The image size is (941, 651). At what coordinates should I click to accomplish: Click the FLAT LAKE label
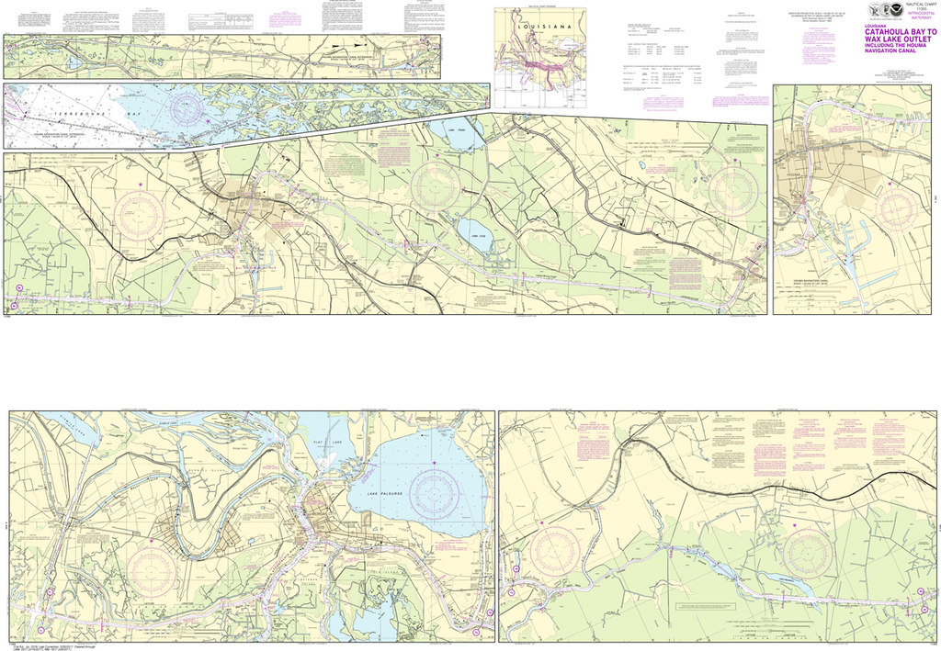330,443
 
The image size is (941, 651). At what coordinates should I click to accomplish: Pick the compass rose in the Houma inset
898,208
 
